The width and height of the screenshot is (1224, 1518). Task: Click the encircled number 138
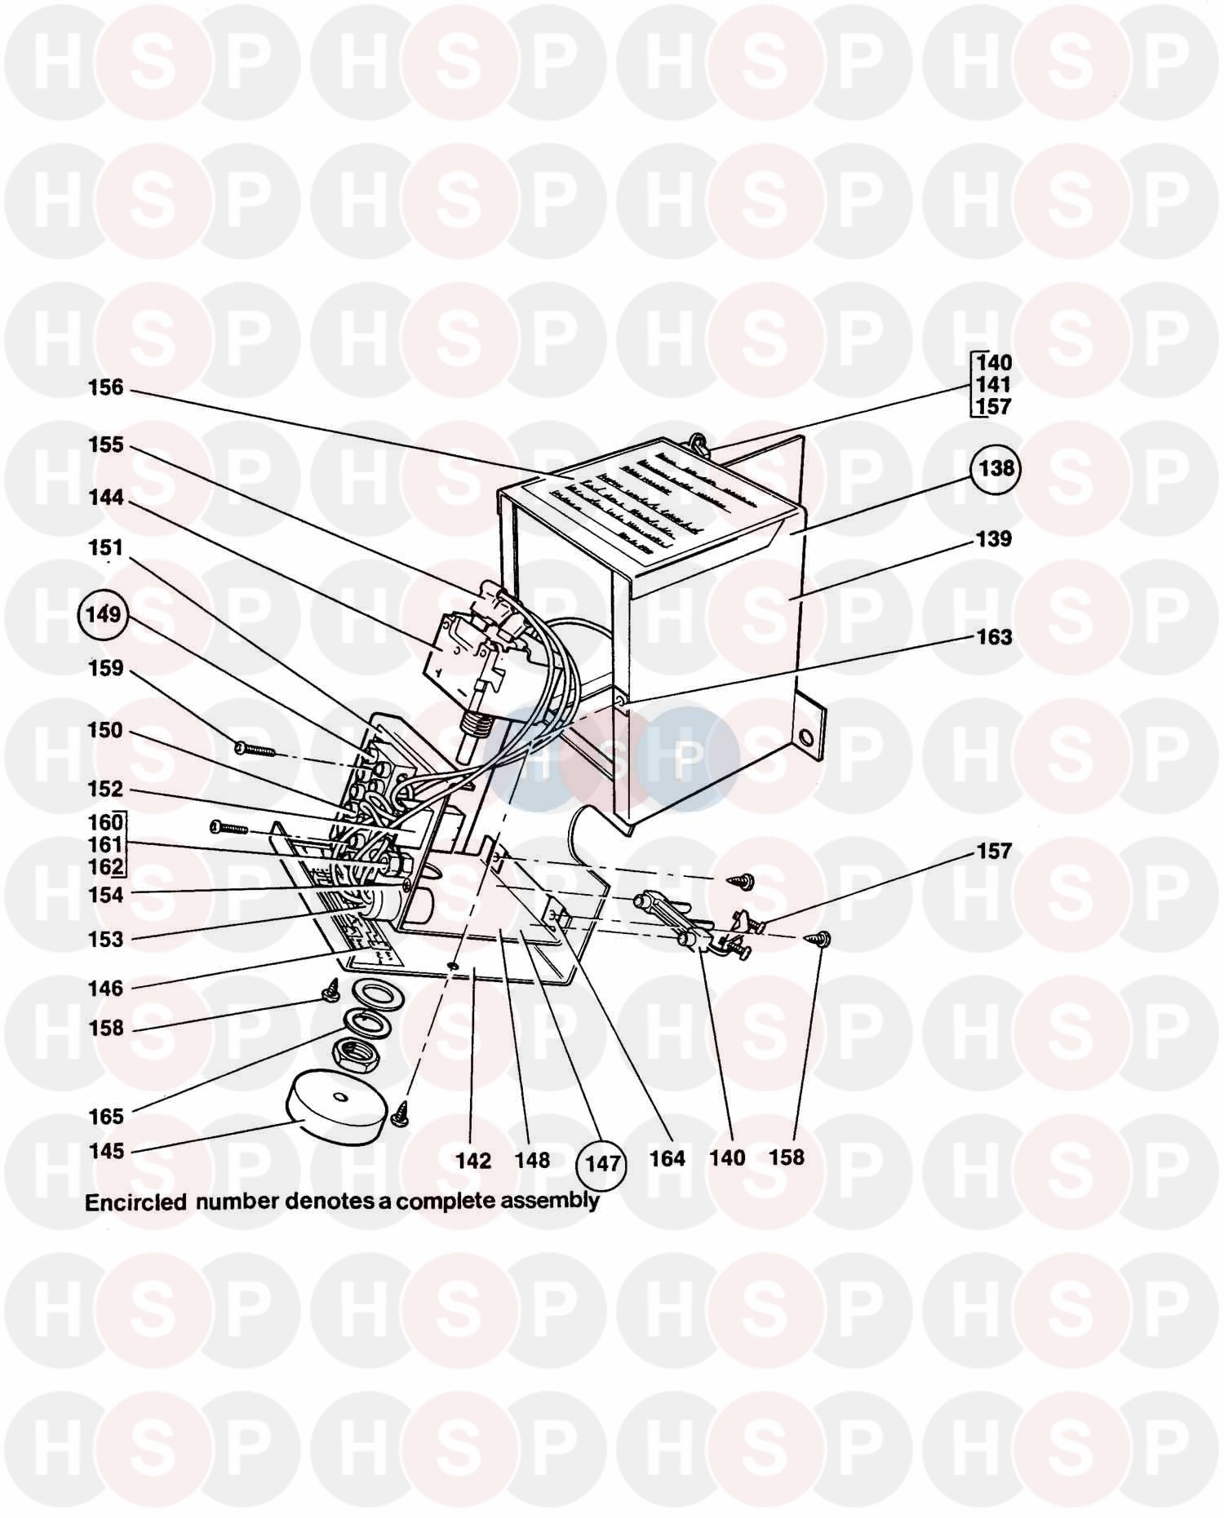tap(996, 469)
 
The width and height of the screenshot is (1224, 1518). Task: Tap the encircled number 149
tap(104, 615)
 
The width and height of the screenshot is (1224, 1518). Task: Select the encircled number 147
tap(602, 1163)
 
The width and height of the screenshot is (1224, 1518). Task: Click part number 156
tap(106, 387)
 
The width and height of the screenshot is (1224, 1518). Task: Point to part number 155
tap(106, 445)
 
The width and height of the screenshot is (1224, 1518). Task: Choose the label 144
tap(106, 498)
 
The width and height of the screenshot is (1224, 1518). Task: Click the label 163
tap(994, 637)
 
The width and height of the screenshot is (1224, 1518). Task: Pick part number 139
tap(994, 539)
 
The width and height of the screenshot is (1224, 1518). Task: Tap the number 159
tap(106, 669)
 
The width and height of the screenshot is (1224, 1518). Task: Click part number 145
tap(106, 1151)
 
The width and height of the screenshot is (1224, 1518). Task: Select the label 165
tap(106, 1116)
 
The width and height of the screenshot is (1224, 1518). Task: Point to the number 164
tap(667, 1158)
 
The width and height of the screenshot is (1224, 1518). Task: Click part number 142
tap(473, 1161)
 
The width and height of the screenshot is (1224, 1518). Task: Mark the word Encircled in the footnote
tap(135, 1202)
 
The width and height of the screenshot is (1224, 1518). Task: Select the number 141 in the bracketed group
tap(993, 385)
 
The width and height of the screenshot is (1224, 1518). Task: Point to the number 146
tap(106, 988)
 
